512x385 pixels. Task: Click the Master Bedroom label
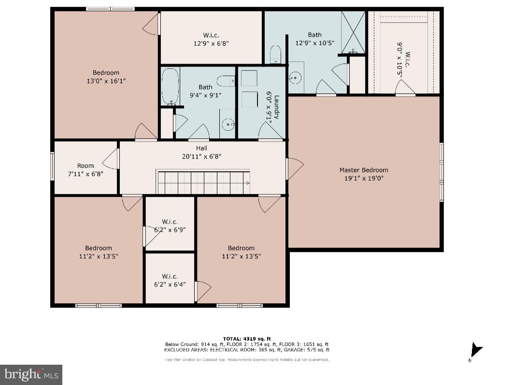coord(363,170)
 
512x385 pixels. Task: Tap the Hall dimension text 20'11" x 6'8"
coord(201,156)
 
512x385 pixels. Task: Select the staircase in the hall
coord(203,182)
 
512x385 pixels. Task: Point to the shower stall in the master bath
coord(354,32)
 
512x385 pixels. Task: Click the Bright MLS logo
coord(31,374)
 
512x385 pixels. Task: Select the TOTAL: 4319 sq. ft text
coord(247,338)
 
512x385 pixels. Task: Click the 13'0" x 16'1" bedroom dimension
coord(106,81)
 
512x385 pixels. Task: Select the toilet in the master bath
coord(275,54)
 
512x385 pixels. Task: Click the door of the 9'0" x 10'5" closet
coord(406,89)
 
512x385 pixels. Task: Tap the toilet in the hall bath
coord(226,81)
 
